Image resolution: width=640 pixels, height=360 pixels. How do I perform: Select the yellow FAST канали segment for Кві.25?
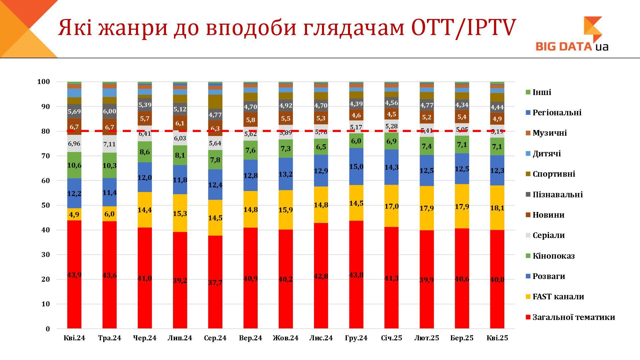click(x=497, y=208)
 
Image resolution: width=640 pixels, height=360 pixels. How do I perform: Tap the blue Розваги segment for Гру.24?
click(x=356, y=166)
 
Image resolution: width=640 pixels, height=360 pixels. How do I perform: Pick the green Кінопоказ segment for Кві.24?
click(x=74, y=165)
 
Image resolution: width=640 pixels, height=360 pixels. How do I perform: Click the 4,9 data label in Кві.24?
click(x=74, y=215)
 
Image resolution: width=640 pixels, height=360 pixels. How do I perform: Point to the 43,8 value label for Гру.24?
click(x=356, y=275)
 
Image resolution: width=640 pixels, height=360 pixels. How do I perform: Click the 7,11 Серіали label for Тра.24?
click(x=109, y=144)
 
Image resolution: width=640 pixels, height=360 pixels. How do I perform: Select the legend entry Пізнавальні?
click(x=557, y=195)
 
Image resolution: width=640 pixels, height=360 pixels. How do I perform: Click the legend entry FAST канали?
click(x=558, y=297)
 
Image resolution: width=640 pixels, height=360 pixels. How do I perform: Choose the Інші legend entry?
click(x=542, y=92)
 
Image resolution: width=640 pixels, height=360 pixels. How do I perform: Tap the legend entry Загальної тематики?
click(x=573, y=317)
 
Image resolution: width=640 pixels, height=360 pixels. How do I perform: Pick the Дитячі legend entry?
click(x=546, y=154)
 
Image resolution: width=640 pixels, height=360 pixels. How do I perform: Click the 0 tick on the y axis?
click(x=48, y=329)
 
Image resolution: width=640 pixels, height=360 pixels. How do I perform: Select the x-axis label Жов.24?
click(x=285, y=338)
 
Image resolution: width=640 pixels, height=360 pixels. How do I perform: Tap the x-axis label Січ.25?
click(x=391, y=338)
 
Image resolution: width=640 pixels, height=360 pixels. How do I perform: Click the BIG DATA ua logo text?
click(x=571, y=46)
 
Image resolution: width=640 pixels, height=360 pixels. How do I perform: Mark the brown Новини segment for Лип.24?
click(x=180, y=123)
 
